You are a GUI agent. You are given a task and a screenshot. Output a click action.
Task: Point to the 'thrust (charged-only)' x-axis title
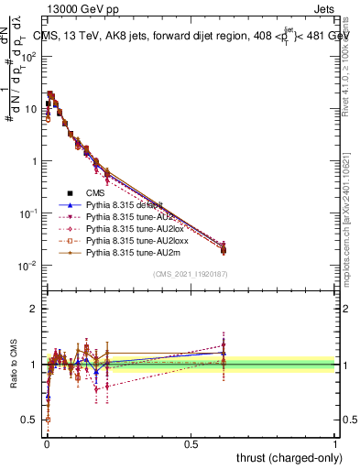click(283, 457)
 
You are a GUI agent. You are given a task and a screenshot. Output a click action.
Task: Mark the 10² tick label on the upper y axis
click(29, 56)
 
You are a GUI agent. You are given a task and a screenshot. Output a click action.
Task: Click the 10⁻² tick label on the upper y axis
click(29, 266)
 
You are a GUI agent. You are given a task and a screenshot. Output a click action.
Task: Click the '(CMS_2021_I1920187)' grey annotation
click(191, 273)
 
